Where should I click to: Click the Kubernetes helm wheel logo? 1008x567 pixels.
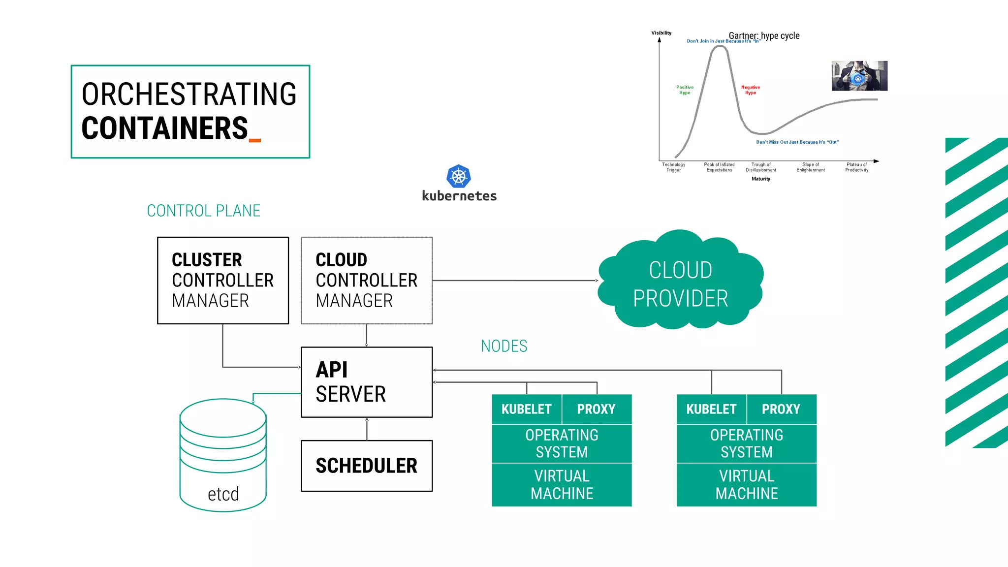[x=458, y=176]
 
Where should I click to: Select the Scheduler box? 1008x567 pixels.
[x=367, y=466]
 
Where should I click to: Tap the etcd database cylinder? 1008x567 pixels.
[x=223, y=455]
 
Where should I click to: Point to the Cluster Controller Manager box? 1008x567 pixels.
[x=223, y=280]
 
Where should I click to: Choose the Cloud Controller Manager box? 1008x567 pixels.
[x=367, y=280]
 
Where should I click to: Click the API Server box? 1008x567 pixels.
[x=367, y=382]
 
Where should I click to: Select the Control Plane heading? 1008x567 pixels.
[x=203, y=211]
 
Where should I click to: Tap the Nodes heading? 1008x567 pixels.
[x=504, y=346]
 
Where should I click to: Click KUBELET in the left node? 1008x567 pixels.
[x=526, y=409]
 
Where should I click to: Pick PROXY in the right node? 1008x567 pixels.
[x=781, y=409]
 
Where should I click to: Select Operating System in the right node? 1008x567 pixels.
[x=746, y=443]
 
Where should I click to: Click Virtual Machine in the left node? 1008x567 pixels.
[x=562, y=485]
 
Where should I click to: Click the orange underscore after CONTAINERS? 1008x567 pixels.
[x=255, y=141]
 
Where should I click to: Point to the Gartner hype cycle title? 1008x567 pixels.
[x=764, y=35]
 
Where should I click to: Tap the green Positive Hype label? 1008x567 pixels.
[x=685, y=90]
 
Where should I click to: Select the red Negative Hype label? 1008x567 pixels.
[x=750, y=90]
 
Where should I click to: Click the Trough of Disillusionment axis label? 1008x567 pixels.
[x=760, y=167]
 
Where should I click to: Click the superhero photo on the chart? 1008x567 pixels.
[x=859, y=76]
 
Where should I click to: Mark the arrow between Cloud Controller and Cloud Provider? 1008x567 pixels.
[x=514, y=281]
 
